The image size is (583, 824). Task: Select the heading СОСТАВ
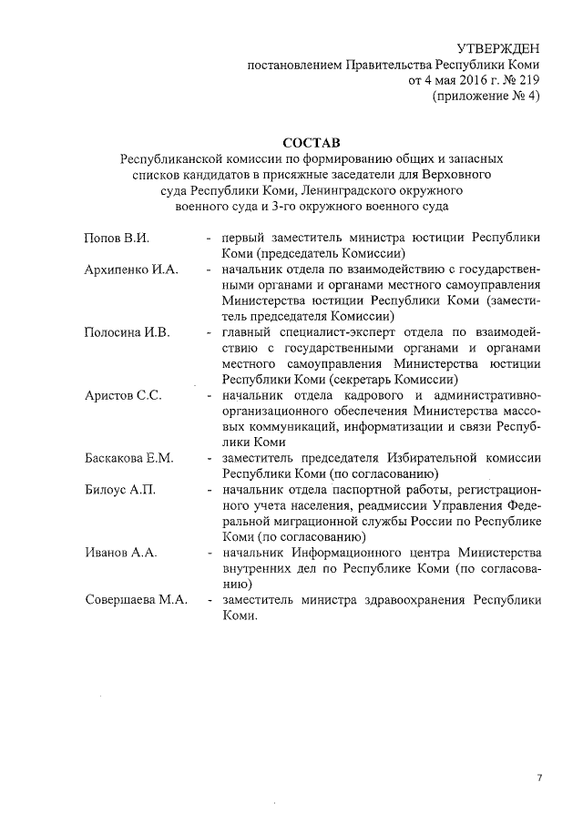coord(310,143)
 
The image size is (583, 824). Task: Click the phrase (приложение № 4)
coord(485,97)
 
